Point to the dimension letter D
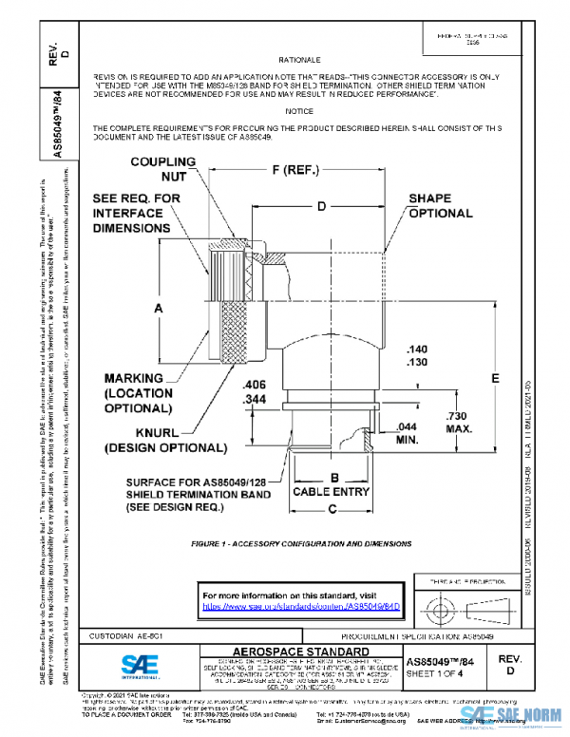tap(322, 205)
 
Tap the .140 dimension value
tap(415, 349)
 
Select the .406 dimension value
tap(254, 385)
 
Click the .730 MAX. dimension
tap(459, 424)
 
